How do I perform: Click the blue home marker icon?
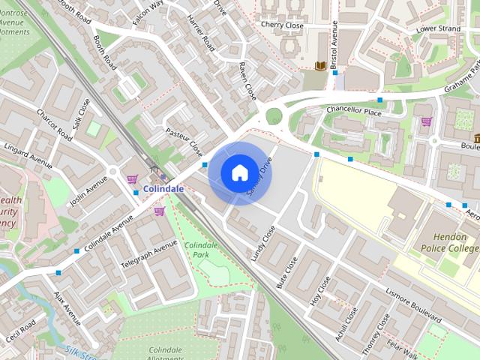(239, 172)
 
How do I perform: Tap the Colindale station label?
(163, 189)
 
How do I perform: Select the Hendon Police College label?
(448, 241)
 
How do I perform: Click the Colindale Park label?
(200, 250)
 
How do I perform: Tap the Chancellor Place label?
(354, 111)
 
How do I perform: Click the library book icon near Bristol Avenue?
(320, 67)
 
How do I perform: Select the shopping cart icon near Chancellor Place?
(426, 121)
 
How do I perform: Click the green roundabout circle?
(274, 116)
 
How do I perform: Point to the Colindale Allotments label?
(166, 354)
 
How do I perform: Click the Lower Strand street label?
(438, 29)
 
